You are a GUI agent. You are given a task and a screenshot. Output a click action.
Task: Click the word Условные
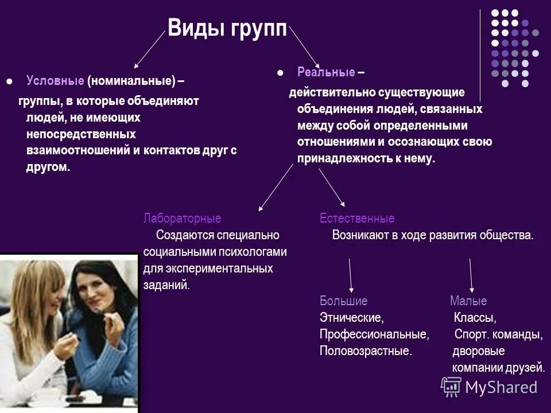[55, 81]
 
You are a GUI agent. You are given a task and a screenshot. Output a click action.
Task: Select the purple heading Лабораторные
[182, 219]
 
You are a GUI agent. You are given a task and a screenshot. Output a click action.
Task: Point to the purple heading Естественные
[357, 219]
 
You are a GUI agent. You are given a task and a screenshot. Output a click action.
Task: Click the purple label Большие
[343, 301]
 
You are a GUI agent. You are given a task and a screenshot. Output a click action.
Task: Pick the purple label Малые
[468, 301]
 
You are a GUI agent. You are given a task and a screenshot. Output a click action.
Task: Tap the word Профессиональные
[374, 334]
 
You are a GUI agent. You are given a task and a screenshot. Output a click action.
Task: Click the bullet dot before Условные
[9, 81]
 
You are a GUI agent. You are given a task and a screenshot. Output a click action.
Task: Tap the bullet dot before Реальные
[281, 73]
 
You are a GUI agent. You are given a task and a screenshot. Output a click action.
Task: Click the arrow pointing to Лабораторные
[275, 188]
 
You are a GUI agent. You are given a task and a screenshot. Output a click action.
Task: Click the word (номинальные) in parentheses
[131, 81]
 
